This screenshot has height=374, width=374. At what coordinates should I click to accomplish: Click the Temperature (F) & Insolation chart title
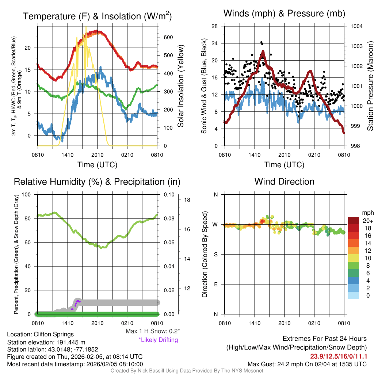click(x=97, y=16)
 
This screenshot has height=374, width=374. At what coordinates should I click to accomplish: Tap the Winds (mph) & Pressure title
click(x=284, y=14)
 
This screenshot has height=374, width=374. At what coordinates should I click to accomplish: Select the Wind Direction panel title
click(x=284, y=182)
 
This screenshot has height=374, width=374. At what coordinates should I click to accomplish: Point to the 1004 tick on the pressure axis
click(x=356, y=26)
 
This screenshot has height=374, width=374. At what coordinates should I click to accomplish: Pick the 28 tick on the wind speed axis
click(x=215, y=26)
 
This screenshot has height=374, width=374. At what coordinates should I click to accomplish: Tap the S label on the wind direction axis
click(x=216, y=254)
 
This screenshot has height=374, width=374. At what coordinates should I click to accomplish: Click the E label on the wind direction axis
click(x=216, y=284)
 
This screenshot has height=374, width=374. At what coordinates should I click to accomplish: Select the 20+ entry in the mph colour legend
click(x=367, y=221)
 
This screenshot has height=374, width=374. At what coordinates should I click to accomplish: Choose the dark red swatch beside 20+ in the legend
click(x=353, y=221)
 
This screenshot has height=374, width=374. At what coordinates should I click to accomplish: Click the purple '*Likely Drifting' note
click(x=158, y=340)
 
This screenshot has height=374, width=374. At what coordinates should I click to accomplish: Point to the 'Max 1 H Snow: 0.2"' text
click(x=152, y=331)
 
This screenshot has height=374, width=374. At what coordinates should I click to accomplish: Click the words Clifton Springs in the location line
click(x=53, y=334)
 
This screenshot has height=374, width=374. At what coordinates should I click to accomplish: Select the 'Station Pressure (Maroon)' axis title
click(x=370, y=86)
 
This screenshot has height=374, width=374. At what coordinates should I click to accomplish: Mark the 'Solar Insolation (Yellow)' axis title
click(x=181, y=86)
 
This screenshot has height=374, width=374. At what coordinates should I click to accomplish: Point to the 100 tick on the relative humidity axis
click(x=27, y=194)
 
